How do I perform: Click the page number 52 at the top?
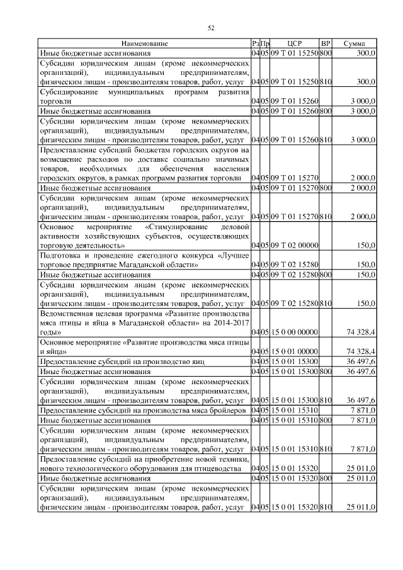coord(212,27)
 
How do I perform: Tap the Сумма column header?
coord(355,43)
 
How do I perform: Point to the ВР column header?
coord(326,43)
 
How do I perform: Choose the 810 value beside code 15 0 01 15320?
coord(326,508)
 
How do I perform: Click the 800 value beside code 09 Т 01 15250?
coord(326,54)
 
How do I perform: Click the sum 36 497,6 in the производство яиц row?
coord(360,362)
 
